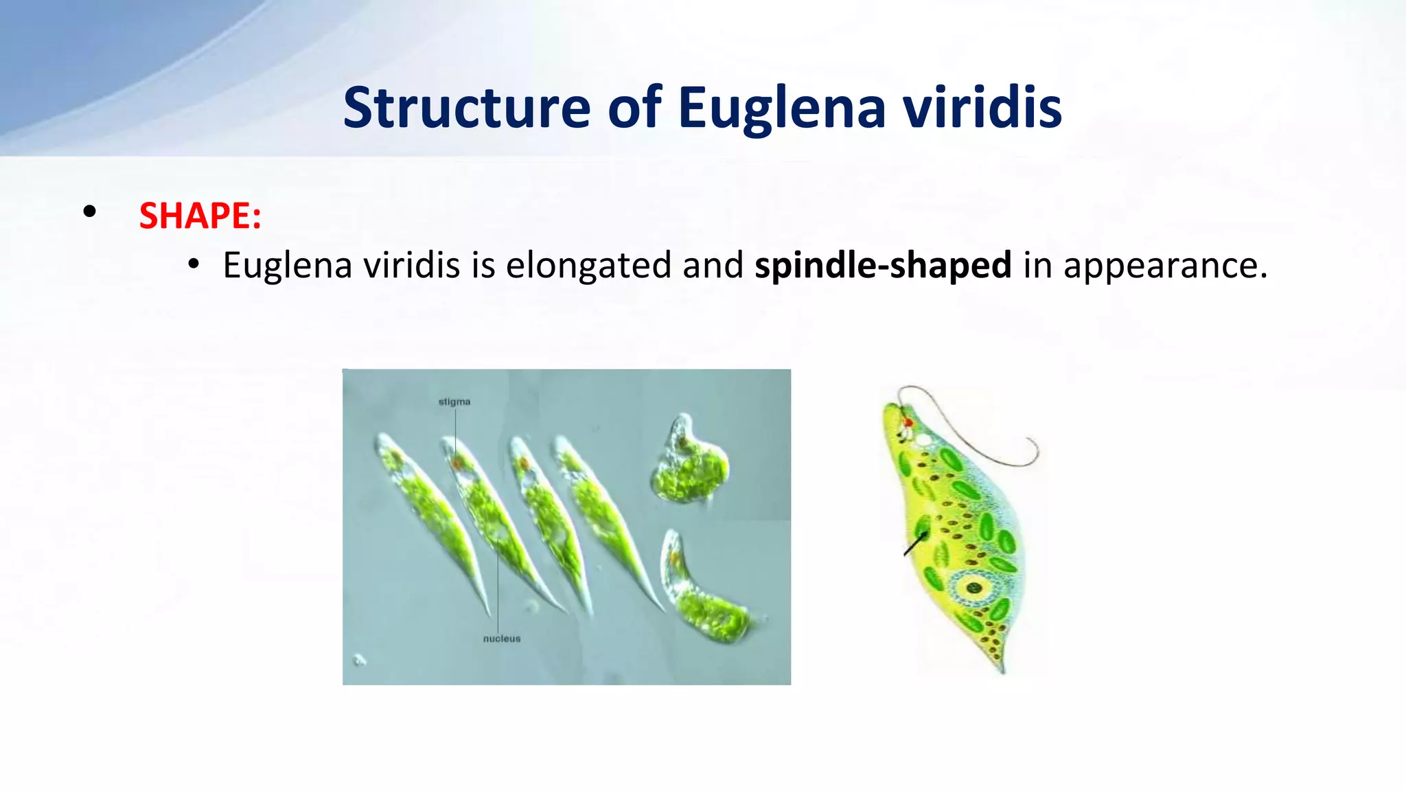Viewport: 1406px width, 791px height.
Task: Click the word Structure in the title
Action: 466,108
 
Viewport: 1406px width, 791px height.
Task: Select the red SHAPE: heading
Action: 200,216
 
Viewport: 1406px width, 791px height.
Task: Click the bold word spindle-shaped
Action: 882,266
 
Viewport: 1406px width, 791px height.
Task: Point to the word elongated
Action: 588,266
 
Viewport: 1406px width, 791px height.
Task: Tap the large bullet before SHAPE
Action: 89,212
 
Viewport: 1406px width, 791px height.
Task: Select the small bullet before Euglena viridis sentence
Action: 194,264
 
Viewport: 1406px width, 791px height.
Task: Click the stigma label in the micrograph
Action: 454,402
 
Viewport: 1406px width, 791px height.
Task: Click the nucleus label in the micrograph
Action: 502,639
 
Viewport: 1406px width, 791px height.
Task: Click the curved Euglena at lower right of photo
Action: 704,591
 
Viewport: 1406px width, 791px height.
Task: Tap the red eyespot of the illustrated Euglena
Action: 908,422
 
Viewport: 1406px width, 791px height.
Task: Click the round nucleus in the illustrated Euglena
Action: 973,587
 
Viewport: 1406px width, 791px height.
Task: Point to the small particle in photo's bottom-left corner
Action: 359,661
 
